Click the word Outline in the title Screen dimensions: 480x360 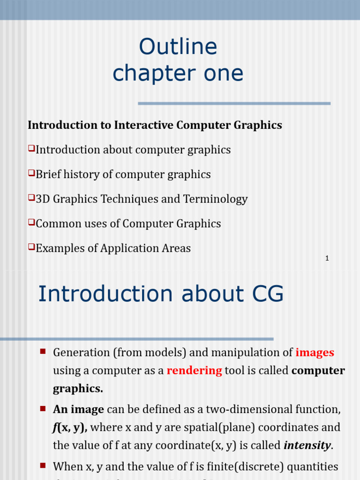[178, 47]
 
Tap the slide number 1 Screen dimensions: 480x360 [327, 258]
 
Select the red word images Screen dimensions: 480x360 [315, 352]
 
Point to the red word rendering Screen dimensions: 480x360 [194, 370]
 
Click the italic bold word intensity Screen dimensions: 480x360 [307, 445]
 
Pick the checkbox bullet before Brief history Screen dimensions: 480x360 [31, 173]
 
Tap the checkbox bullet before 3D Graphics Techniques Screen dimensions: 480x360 [31, 198]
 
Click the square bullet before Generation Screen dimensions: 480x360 [43, 351]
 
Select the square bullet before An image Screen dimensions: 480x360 [43, 408]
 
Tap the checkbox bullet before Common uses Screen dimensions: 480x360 [31, 222]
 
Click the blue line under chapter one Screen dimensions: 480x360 [234, 103]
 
